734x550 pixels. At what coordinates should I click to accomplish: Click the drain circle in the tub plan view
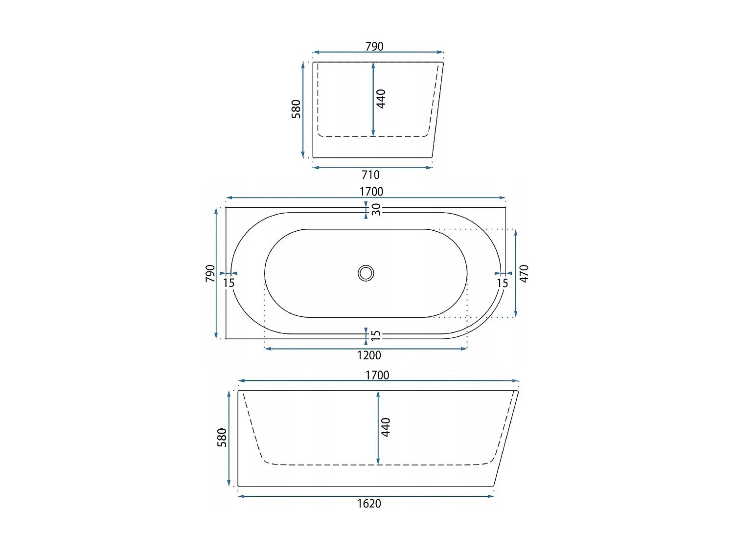pos(366,273)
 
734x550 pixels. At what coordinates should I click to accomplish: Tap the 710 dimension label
pos(370,175)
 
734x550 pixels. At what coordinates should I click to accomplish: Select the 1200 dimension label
pos(369,355)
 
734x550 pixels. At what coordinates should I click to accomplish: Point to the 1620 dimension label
pos(369,503)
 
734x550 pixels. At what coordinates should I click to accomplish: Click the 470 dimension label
pos(524,273)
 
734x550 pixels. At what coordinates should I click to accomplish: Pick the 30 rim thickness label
pos(376,209)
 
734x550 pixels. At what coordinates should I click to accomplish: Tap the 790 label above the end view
pos(374,46)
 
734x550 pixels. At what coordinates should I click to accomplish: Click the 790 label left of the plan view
pos(209,273)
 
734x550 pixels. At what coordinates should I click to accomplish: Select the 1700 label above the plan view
pos(371,192)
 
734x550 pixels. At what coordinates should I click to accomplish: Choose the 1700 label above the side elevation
pos(377,375)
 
